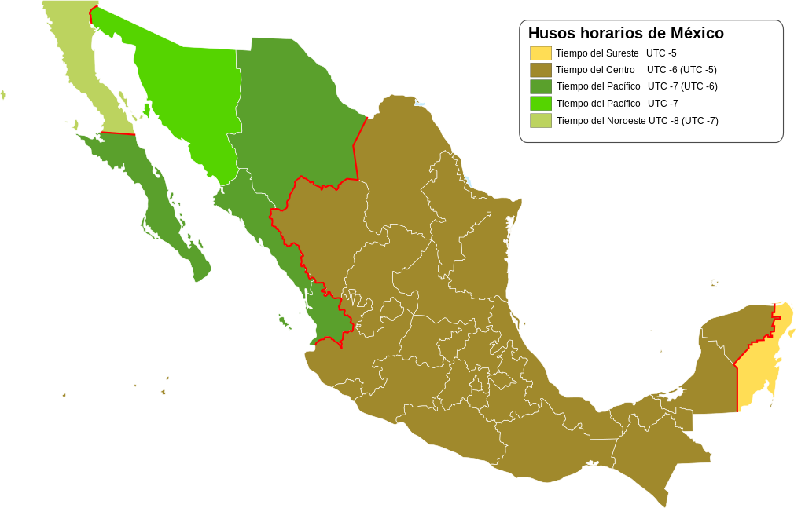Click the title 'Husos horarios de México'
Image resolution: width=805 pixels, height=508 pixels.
click(x=626, y=33)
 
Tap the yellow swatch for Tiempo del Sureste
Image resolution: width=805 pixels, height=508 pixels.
click(x=541, y=53)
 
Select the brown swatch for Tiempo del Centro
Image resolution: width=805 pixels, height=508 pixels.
click(x=541, y=70)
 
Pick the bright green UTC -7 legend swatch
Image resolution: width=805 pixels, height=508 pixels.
click(x=541, y=104)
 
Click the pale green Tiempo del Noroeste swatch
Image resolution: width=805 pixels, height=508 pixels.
click(x=541, y=120)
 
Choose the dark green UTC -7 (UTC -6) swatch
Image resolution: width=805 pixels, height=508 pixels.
click(x=541, y=86)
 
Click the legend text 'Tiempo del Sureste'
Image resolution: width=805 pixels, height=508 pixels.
click(x=597, y=53)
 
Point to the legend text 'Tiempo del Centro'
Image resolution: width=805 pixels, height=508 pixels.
click(x=595, y=70)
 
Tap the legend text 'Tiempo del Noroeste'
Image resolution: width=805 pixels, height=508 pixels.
click(x=601, y=121)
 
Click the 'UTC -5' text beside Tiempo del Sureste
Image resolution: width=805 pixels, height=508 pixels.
click(x=661, y=53)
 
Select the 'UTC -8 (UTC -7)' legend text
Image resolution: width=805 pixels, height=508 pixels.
click(x=683, y=121)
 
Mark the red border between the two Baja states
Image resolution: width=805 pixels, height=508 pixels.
click(x=118, y=133)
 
